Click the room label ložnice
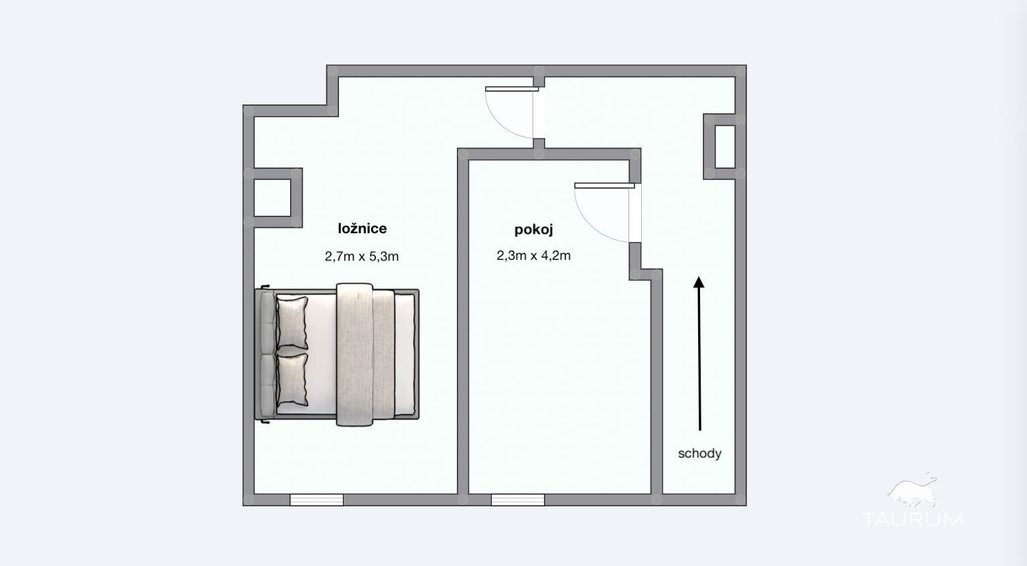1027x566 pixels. (x=362, y=228)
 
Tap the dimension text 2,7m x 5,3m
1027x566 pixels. (x=362, y=256)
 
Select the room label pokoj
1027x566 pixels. (x=534, y=229)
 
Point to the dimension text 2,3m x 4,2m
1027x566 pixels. (x=534, y=255)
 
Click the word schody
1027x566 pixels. (x=699, y=453)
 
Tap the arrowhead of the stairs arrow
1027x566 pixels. (x=699, y=282)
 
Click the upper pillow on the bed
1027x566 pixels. (x=292, y=323)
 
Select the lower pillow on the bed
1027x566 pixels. (x=292, y=380)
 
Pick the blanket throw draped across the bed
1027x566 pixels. (x=354, y=355)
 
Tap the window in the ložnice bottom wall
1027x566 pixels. (x=316, y=500)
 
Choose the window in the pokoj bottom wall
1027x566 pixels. (x=518, y=500)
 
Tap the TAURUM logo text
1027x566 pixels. (x=912, y=519)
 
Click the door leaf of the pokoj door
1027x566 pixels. (x=604, y=186)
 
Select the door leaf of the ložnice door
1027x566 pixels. (x=512, y=89)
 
